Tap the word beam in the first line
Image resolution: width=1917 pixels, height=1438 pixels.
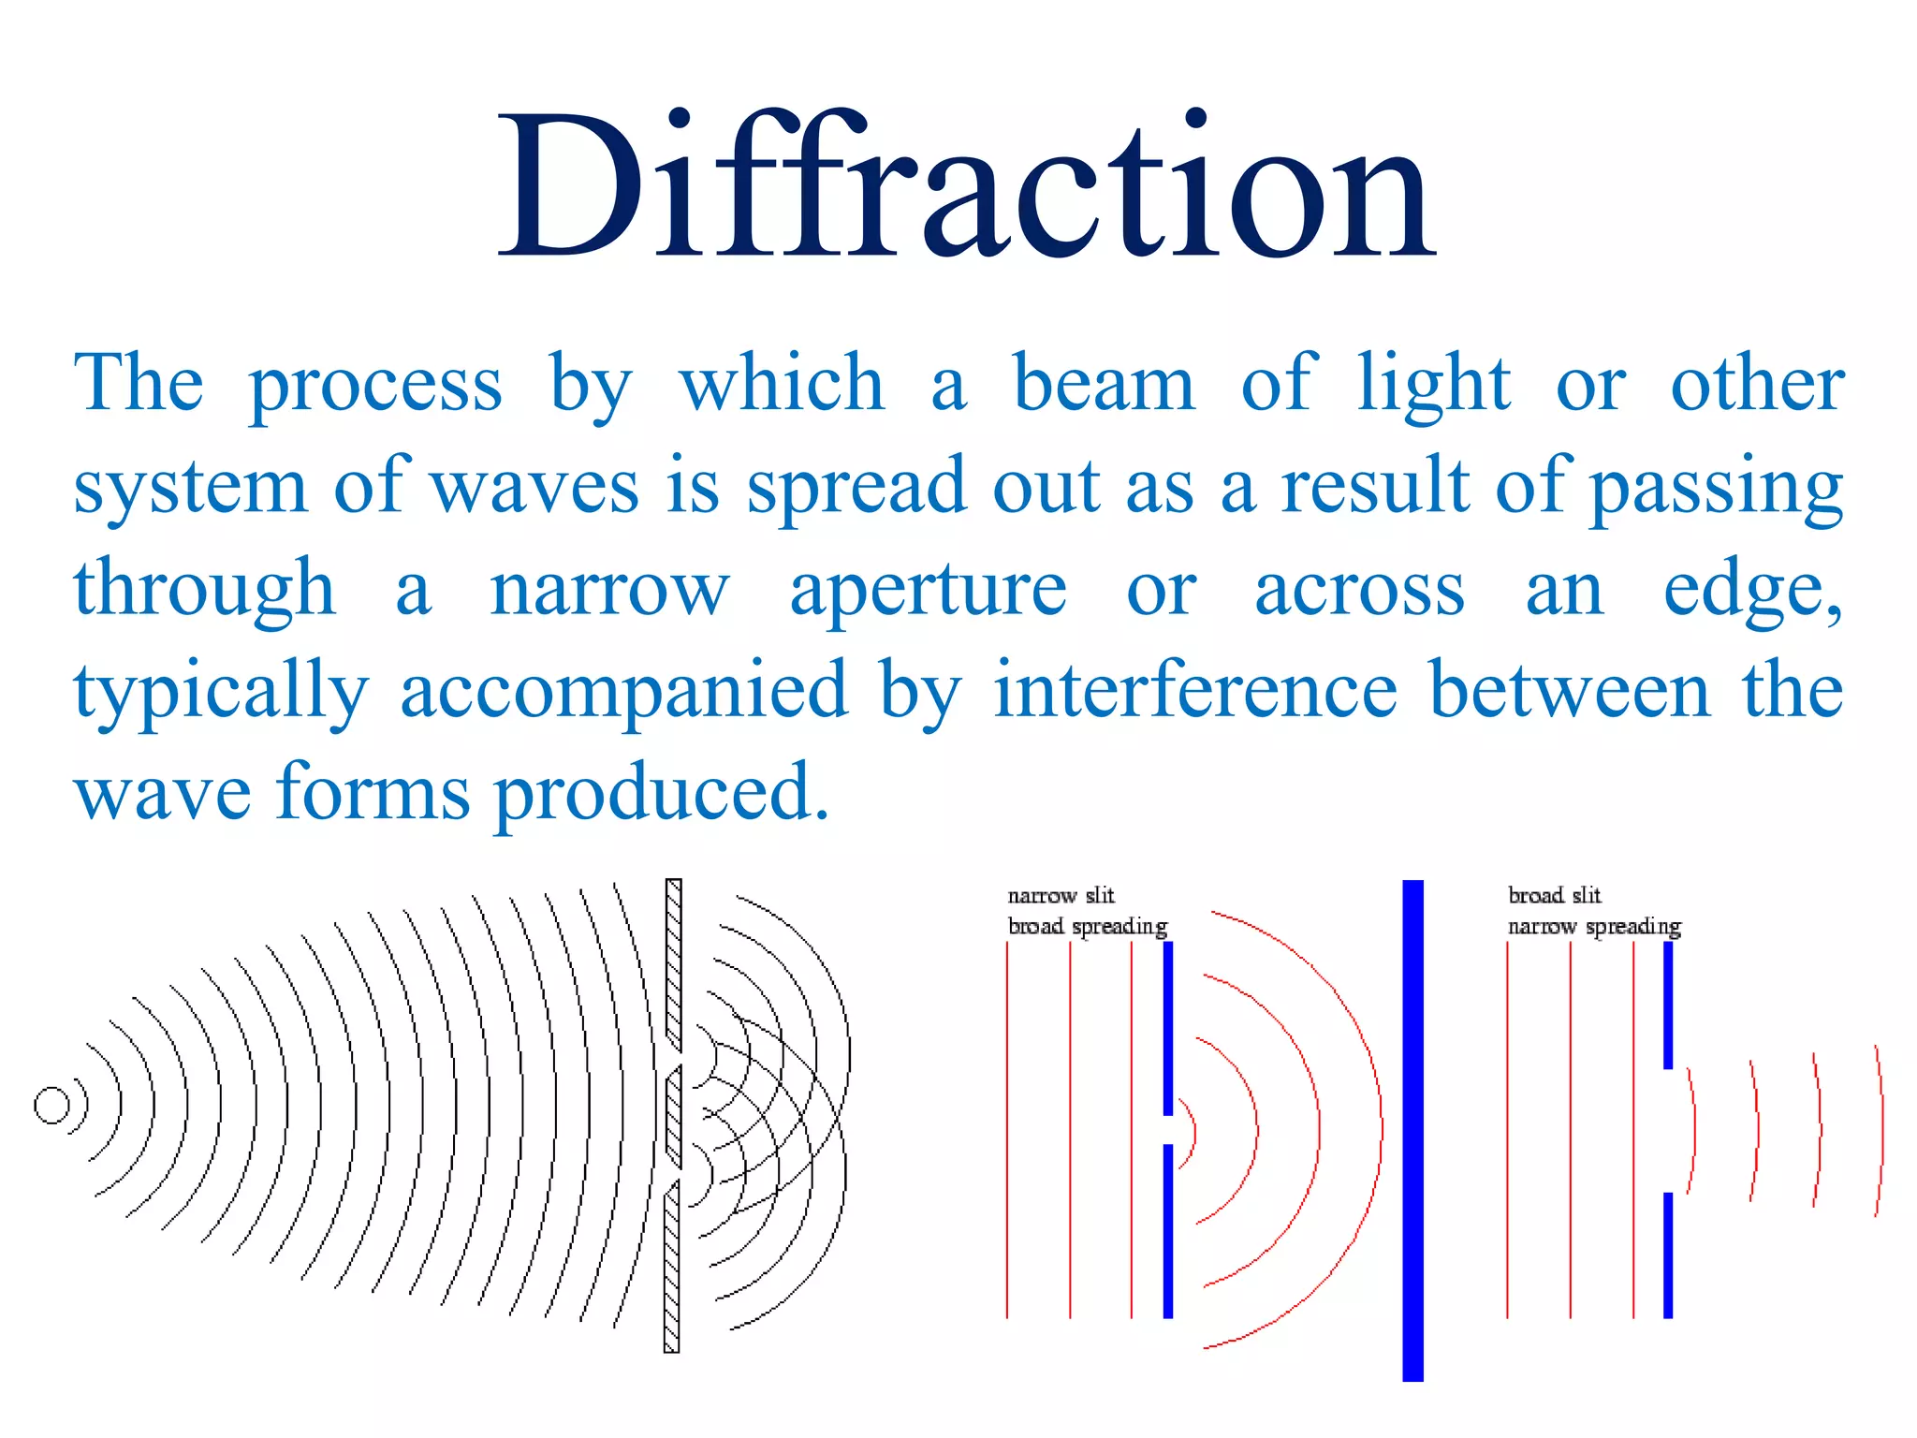click(1105, 384)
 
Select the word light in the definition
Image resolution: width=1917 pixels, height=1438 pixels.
click(1434, 384)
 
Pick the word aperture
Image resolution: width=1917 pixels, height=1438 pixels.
click(928, 592)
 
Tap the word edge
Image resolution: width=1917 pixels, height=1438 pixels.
click(1751, 592)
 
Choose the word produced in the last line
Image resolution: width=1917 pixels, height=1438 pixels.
click(661, 794)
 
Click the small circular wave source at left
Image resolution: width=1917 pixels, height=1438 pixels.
click(51, 1106)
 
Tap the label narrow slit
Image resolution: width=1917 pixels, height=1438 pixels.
click(1061, 896)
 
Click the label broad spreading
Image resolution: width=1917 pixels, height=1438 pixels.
click(1088, 927)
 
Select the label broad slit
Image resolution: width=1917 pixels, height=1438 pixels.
click(1554, 896)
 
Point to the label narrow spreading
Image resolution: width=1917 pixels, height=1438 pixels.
click(1594, 927)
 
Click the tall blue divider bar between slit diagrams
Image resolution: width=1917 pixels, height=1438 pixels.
click(1412, 1130)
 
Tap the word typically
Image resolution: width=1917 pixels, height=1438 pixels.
click(222, 693)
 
